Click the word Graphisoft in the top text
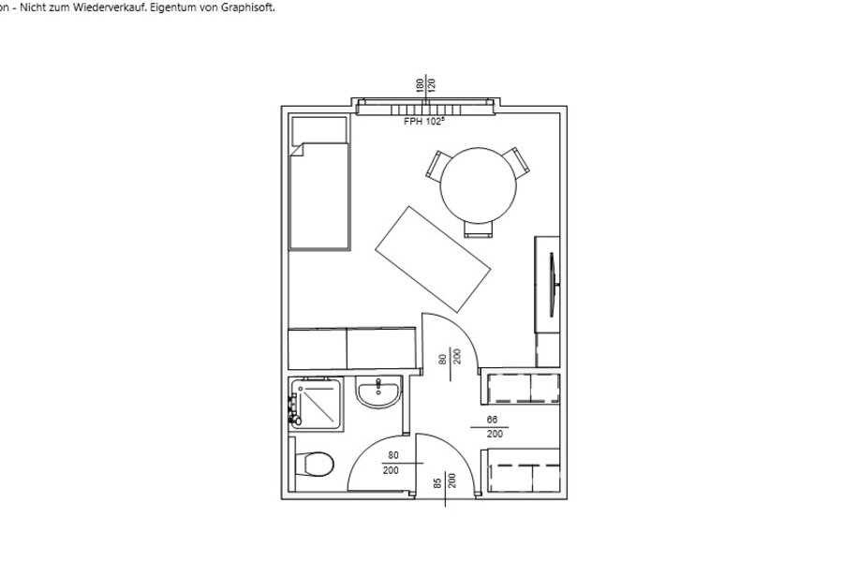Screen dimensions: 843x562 coord(248,8)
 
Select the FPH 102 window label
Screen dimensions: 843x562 coord(424,122)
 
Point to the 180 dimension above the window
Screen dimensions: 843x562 coord(420,86)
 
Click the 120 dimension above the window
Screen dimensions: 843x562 coord(432,85)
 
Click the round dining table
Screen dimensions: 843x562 coord(478,185)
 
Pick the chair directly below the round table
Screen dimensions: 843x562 coord(478,229)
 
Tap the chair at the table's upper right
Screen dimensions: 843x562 coord(517,162)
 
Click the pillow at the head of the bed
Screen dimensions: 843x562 coord(318,131)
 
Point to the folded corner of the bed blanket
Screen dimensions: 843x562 coord(297,150)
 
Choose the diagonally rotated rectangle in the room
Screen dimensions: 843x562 coord(433,259)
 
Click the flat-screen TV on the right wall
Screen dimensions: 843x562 coord(553,285)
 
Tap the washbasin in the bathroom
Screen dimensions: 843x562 coord(378,392)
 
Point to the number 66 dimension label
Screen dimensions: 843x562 coord(492,420)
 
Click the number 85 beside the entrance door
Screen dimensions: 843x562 coord(438,483)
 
